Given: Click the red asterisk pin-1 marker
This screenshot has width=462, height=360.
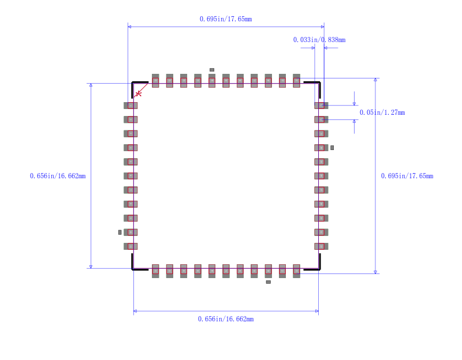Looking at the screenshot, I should tap(139, 93).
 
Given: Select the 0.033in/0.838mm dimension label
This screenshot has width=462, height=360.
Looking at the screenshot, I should tap(319, 40).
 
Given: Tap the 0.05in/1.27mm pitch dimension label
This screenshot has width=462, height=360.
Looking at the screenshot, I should tap(382, 112).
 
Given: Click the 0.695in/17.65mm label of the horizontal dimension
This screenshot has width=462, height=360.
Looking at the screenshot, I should tap(225, 19).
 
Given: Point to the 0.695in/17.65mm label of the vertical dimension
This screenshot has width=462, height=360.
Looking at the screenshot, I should tap(407, 176).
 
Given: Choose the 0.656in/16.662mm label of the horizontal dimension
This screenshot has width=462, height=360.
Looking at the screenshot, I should tap(225, 319).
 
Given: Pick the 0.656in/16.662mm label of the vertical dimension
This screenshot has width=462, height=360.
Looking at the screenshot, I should tap(58, 176).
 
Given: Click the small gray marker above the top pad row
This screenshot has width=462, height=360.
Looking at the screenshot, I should tap(212, 70).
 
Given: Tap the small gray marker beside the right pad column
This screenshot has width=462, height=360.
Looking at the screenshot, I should tap(332, 148).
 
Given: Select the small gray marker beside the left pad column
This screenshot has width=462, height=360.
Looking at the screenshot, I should tap(120, 232).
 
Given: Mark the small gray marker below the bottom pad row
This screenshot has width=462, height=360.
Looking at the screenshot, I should tap(268, 282).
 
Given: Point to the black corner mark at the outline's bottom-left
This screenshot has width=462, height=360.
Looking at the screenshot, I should tap(136, 266).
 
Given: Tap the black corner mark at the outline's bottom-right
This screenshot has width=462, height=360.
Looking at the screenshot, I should tap(315, 266).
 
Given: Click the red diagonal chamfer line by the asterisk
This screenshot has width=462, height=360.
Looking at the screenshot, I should tap(140, 90).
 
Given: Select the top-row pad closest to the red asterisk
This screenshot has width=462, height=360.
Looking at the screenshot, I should tap(155, 81).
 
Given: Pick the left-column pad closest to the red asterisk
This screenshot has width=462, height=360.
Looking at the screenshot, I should tap(131, 106).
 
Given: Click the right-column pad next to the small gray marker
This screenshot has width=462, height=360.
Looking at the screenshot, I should tap(321, 148).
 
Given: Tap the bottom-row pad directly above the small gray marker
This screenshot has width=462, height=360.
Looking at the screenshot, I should tap(268, 271).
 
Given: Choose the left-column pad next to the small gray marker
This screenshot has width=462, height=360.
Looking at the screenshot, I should tap(131, 232).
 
